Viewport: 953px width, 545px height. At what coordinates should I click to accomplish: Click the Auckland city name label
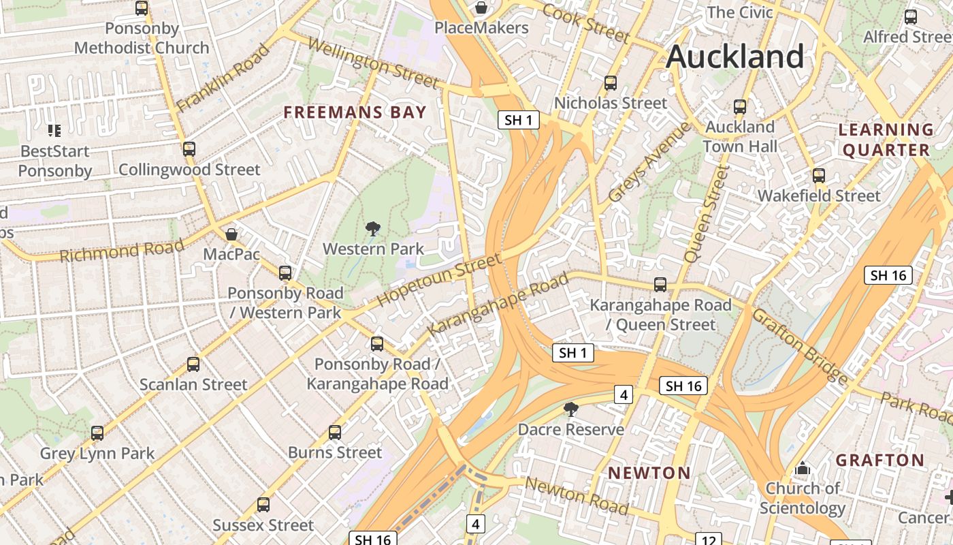coord(735,56)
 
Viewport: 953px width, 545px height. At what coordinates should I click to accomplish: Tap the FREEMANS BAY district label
coord(355,112)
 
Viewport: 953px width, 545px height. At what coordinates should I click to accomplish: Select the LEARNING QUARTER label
coord(885,140)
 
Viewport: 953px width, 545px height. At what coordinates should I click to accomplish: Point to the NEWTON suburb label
coord(649,473)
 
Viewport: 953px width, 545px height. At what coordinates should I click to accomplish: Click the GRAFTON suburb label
coord(879,461)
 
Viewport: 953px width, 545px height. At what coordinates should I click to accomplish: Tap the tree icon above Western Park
coord(372,229)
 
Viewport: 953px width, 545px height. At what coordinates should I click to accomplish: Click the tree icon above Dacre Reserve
coord(570,409)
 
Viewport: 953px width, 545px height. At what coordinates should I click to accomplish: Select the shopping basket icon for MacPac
coord(231,234)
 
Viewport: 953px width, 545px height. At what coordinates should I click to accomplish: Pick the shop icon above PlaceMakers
coord(481,7)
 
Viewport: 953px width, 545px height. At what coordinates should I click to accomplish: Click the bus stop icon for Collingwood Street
coord(189,149)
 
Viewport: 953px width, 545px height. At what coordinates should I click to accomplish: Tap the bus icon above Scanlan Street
coord(193,364)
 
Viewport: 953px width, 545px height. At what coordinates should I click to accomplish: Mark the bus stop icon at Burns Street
coord(334,432)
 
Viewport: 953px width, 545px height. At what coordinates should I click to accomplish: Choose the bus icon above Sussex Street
coord(263,505)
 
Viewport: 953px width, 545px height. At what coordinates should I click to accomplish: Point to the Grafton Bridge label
coord(799,345)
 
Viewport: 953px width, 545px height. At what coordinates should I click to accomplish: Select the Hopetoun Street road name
coord(438,281)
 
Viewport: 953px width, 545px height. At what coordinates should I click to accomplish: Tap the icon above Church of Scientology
coord(803,469)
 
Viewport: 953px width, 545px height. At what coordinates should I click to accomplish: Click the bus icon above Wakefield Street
coord(818,176)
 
